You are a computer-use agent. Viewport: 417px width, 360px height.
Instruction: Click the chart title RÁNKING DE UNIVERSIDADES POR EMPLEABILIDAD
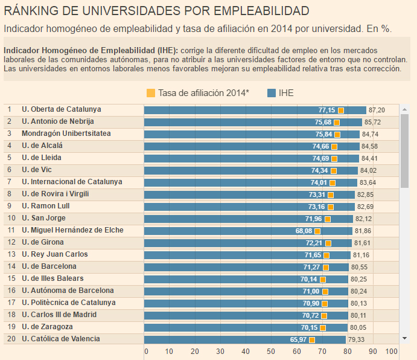tap(156, 11)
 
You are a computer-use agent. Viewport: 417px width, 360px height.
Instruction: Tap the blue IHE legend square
tap(272, 93)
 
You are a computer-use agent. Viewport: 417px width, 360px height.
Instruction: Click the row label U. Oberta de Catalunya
tap(61, 110)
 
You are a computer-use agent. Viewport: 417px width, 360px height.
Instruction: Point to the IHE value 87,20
tap(377, 111)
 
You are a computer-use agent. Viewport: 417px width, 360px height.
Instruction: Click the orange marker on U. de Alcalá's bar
tap(334, 147)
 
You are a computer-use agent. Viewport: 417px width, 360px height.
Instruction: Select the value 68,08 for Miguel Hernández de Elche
tap(304, 231)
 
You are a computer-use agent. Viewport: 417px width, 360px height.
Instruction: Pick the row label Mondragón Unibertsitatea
tap(66, 134)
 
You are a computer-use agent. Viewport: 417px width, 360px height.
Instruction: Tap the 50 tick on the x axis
tap(270, 352)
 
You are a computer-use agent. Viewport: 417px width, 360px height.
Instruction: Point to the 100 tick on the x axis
tap(391, 352)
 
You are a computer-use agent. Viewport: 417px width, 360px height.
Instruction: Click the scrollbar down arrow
tap(405, 338)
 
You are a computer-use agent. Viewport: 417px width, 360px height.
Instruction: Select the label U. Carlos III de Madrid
tap(59, 315)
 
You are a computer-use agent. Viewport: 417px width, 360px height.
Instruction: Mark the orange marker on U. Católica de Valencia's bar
tap(312, 340)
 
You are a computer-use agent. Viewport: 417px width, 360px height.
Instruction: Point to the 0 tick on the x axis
tap(145, 352)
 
